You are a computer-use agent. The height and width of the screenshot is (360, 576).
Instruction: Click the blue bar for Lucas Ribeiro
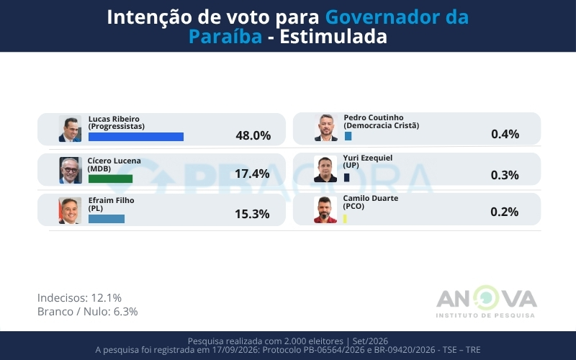136,137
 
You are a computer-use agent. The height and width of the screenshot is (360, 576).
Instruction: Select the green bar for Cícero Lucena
111,179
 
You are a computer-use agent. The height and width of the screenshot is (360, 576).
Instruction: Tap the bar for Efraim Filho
107,219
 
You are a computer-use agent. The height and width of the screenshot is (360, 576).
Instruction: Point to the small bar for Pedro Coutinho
348,136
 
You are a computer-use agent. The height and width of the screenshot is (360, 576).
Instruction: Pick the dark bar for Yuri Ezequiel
346,177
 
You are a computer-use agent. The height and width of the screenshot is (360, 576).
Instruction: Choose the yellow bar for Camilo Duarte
345,219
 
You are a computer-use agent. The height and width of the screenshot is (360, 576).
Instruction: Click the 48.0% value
253,135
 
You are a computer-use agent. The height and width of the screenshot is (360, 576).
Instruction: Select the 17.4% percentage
252,174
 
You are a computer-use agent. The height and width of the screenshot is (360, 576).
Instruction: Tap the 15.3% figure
252,214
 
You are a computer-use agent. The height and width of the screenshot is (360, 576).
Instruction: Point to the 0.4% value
505,134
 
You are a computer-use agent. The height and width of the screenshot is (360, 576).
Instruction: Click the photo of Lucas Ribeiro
70,129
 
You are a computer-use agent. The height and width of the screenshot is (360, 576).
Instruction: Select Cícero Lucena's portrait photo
70,170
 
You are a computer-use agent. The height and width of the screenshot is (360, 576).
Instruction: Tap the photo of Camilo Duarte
325,210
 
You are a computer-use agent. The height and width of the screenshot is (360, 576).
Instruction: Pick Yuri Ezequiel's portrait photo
325,169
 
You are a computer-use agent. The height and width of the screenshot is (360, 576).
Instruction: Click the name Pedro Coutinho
374,117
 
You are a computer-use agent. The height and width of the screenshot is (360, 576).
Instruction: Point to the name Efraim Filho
112,201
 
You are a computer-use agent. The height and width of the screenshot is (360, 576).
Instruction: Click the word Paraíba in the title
225,37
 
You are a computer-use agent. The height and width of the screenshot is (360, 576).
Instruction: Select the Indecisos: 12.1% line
79,297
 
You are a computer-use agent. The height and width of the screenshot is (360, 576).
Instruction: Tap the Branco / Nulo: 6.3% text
87,312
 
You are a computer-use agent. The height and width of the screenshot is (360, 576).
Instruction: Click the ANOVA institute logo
487,302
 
